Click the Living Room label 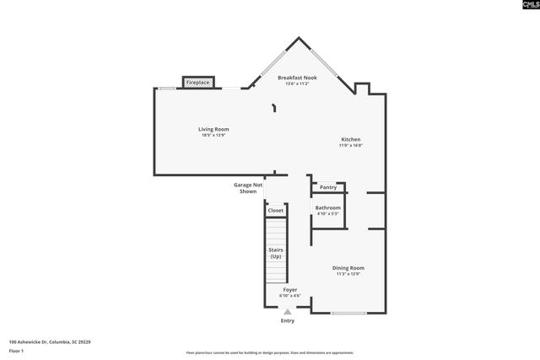tap(213, 129)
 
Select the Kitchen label tap(350, 139)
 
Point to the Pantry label tap(327, 187)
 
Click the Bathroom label tap(327, 207)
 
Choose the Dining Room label tap(348, 267)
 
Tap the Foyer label tap(289, 289)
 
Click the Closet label tap(276, 210)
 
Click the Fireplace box tap(198, 83)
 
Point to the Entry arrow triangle tap(287, 312)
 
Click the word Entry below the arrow tap(288, 320)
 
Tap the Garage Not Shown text tap(248, 188)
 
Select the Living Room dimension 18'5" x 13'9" tap(213, 135)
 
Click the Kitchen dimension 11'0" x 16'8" tap(350, 145)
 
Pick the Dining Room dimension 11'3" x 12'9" tap(348, 273)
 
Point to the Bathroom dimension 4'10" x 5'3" tap(327, 213)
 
